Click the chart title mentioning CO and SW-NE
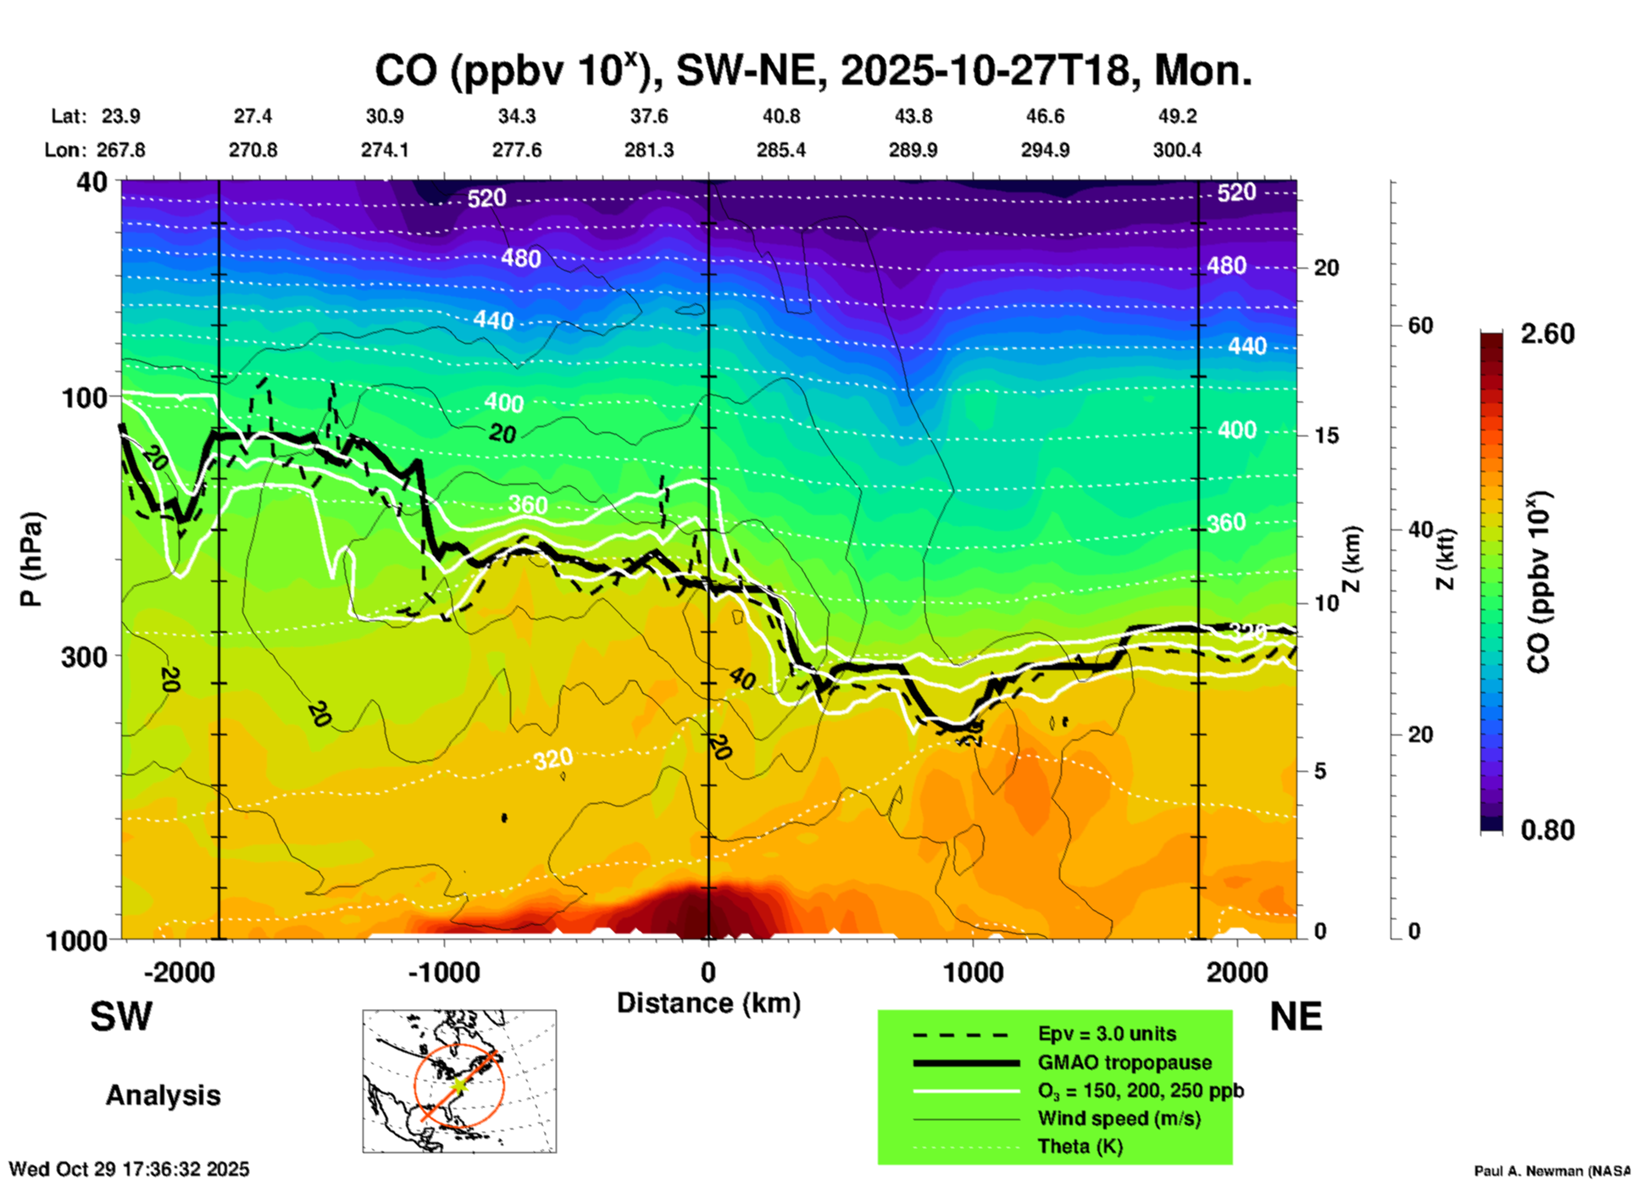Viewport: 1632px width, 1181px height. (813, 71)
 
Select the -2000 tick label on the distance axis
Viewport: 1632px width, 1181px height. (179, 973)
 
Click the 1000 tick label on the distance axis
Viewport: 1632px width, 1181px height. (973, 973)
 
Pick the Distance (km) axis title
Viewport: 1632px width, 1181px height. (708, 1003)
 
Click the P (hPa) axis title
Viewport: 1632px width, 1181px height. (31, 558)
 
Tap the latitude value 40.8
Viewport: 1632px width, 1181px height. (780, 116)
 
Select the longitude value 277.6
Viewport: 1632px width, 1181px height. (517, 150)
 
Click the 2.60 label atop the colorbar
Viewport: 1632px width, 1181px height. (1547, 334)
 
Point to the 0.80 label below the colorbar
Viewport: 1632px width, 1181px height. (1547, 829)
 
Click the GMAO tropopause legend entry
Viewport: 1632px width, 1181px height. (1124, 1062)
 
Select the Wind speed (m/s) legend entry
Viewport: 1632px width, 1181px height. (1119, 1118)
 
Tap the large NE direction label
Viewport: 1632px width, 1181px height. (1296, 1017)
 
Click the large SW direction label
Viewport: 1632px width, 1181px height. (121, 1017)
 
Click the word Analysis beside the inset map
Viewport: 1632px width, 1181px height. (163, 1095)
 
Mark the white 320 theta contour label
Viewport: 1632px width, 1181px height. (553, 759)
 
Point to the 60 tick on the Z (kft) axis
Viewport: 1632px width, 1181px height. (1421, 325)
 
